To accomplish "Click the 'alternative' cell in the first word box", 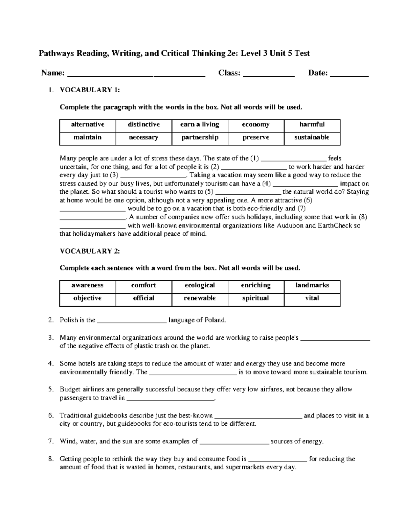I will [x=87, y=125].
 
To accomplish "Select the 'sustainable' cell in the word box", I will [x=312, y=138].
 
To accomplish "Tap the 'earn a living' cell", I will [x=200, y=125].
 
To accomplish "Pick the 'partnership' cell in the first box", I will [x=200, y=138].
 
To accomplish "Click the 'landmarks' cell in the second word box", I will [x=312, y=286].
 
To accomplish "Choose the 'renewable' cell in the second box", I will [x=200, y=299].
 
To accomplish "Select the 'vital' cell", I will [x=312, y=299].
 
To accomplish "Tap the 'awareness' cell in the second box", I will [x=87, y=286].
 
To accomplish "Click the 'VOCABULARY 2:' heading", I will [x=90, y=251].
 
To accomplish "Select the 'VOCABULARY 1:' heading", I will [x=90, y=90].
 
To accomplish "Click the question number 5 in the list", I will [x=51, y=389].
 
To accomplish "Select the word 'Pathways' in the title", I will [x=56, y=53].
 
